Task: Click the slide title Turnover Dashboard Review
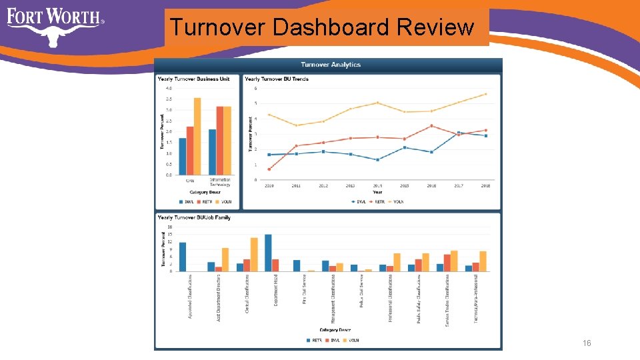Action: click(322, 27)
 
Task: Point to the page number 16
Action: click(587, 343)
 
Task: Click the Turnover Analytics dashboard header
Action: click(331, 65)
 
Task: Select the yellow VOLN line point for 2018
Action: click(485, 94)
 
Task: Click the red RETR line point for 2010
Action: click(269, 169)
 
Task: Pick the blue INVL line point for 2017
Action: click(458, 132)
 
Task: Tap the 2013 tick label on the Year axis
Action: click(350, 186)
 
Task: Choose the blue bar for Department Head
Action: click(268, 253)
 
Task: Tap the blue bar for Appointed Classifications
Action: click(183, 257)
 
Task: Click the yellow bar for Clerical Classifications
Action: click(254, 254)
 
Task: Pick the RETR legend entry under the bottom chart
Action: click(316, 340)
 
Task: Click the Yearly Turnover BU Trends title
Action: click(277, 79)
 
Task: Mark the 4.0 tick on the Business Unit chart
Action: click(169, 88)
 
